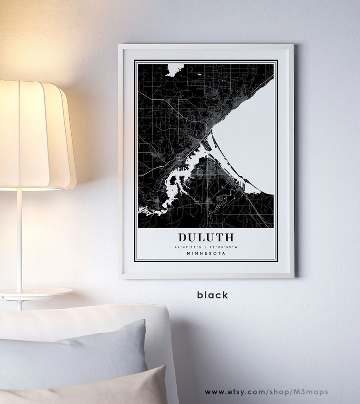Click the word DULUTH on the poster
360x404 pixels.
[206, 237]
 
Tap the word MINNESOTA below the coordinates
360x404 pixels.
[206, 253]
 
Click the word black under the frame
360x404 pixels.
[212, 295]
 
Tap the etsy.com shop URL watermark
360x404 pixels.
[266, 392]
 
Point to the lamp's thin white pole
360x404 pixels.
[19, 240]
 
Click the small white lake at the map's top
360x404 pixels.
[173, 70]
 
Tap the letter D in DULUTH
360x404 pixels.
[182, 237]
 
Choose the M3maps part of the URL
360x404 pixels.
[313, 392]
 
